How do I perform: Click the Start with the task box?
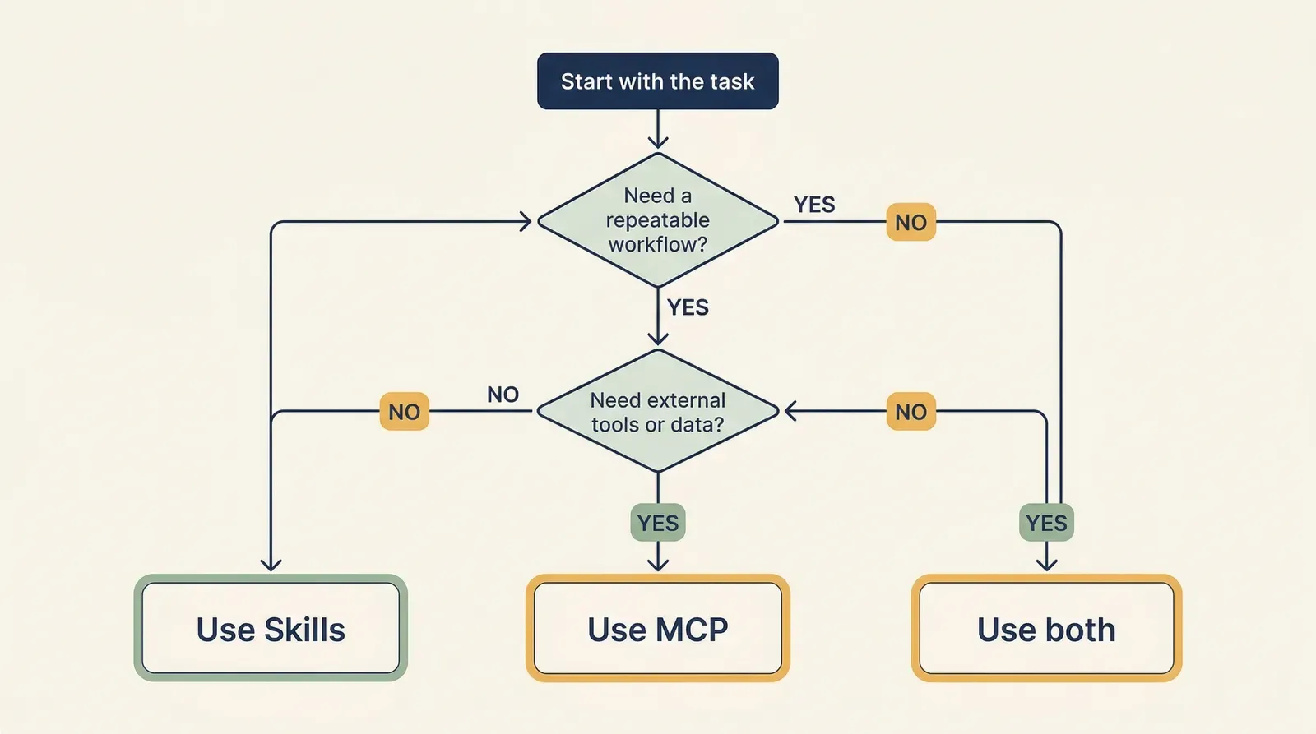coord(657,81)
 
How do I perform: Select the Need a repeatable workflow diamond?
coord(657,220)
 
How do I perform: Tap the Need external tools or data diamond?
coord(657,412)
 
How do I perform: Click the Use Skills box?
coord(271,629)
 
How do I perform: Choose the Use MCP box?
coord(657,629)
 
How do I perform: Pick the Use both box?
coord(1046,629)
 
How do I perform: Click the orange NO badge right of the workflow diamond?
coord(911,222)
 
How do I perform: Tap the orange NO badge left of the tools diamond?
coord(404,412)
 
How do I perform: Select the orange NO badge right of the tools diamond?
coord(911,412)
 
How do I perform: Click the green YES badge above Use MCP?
coord(657,523)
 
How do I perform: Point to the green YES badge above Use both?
coord(1046,523)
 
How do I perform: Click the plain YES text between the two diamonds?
coord(688,307)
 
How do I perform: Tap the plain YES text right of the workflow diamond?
coord(814,205)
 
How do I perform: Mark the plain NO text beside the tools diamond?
coord(503,395)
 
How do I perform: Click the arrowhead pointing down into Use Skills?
coord(271,565)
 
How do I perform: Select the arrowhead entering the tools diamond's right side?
coord(790,411)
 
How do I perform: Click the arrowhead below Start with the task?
coord(657,141)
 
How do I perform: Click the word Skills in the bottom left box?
coord(304,630)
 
